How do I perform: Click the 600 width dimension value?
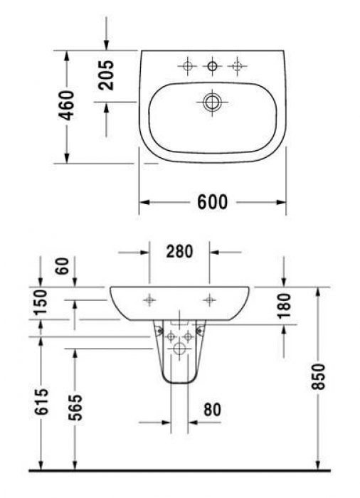pos(212,203)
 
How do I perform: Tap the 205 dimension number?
pos(107,74)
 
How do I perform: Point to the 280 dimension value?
pos(179,252)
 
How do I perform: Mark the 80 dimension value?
pos(211,409)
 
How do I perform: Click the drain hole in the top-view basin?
pos(211,102)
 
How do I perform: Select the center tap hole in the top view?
pos(211,68)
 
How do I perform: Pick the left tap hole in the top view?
pos(187,68)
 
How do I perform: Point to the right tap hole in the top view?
pos(235,68)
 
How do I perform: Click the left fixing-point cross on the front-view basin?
pos(149,300)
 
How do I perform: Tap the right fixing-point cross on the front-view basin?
pos(209,300)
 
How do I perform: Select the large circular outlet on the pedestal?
pos(179,349)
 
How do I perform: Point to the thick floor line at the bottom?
pos(179,470)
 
